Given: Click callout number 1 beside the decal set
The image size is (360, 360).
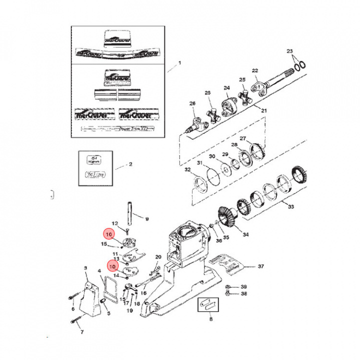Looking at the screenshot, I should pos(180,63).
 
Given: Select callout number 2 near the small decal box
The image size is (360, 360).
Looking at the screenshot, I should pos(130,164).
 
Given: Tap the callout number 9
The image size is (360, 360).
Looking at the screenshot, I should pos(147,219).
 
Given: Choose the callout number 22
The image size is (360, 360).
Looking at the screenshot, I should pos(254,70).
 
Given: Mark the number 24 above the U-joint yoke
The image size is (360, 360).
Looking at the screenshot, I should pos(226,88).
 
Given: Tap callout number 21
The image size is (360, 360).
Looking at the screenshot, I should pos(264,110).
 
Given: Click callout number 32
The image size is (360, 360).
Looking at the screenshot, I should pos(187,170).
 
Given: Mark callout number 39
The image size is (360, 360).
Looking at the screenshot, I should pos(244,286).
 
